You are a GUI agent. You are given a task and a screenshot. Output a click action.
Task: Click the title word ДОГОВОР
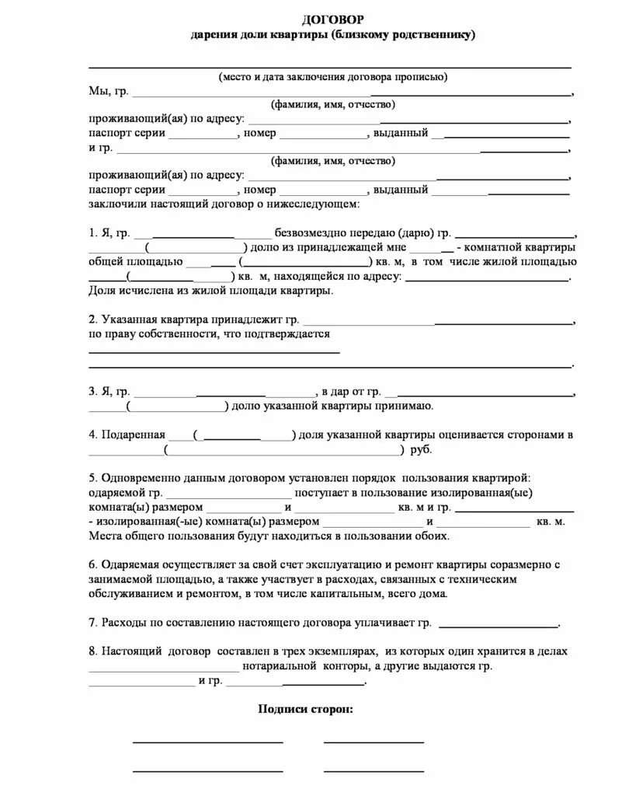point(332,19)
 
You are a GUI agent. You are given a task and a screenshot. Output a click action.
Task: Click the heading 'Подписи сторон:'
point(304,710)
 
